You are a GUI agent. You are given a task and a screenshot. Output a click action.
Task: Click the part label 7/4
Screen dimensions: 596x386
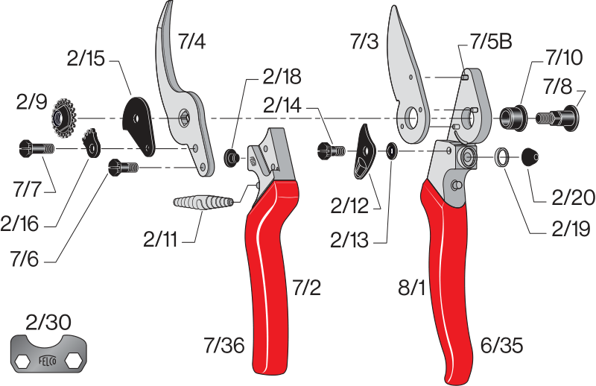point(192,41)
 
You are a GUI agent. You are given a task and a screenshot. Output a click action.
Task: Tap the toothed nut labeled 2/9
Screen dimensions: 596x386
point(64,118)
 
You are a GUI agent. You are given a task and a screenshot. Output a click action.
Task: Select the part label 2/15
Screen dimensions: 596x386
point(86,59)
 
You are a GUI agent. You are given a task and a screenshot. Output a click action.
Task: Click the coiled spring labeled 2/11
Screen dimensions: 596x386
point(203,201)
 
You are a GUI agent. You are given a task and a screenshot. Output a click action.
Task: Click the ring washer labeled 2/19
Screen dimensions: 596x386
point(502,157)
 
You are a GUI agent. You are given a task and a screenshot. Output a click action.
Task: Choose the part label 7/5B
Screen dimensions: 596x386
point(492,42)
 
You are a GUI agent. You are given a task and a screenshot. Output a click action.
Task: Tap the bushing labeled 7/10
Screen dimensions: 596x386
point(513,117)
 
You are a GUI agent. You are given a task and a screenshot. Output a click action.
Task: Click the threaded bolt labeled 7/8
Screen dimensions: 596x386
point(558,118)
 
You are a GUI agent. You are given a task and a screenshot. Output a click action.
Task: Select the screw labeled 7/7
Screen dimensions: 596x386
point(37,148)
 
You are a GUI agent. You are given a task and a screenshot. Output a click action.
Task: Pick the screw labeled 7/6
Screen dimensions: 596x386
point(123,168)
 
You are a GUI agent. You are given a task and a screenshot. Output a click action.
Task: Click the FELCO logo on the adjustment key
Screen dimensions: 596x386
point(48,360)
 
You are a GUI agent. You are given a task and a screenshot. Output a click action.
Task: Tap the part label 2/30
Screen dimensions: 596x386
point(48,323)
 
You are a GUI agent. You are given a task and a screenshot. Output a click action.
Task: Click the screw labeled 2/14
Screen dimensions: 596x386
point(331,151)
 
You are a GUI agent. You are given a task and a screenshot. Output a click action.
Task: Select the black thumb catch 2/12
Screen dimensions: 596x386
point(364,151)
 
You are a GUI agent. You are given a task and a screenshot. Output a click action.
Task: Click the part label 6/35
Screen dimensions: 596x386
point(501,346)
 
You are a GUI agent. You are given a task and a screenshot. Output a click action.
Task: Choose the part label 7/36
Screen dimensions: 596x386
point(224,345)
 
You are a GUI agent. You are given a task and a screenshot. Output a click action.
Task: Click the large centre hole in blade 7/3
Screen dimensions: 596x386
point(411,118)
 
